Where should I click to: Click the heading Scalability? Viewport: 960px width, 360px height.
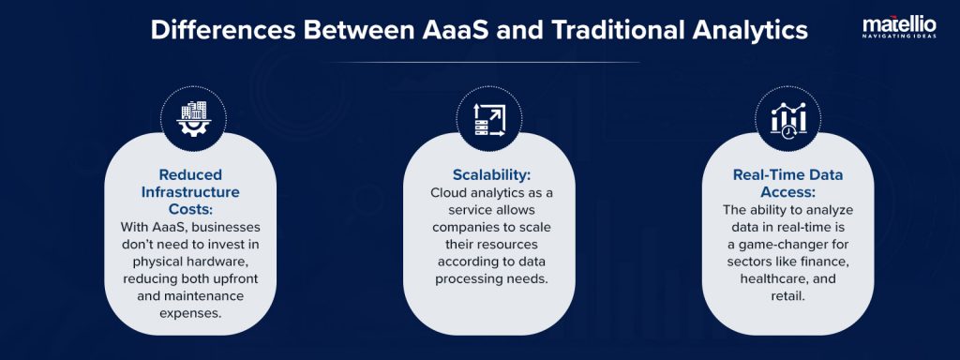click(479, 174)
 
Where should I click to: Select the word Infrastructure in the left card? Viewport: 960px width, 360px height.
click(190, 191)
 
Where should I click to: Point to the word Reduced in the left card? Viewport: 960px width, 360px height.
click(190, 174)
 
